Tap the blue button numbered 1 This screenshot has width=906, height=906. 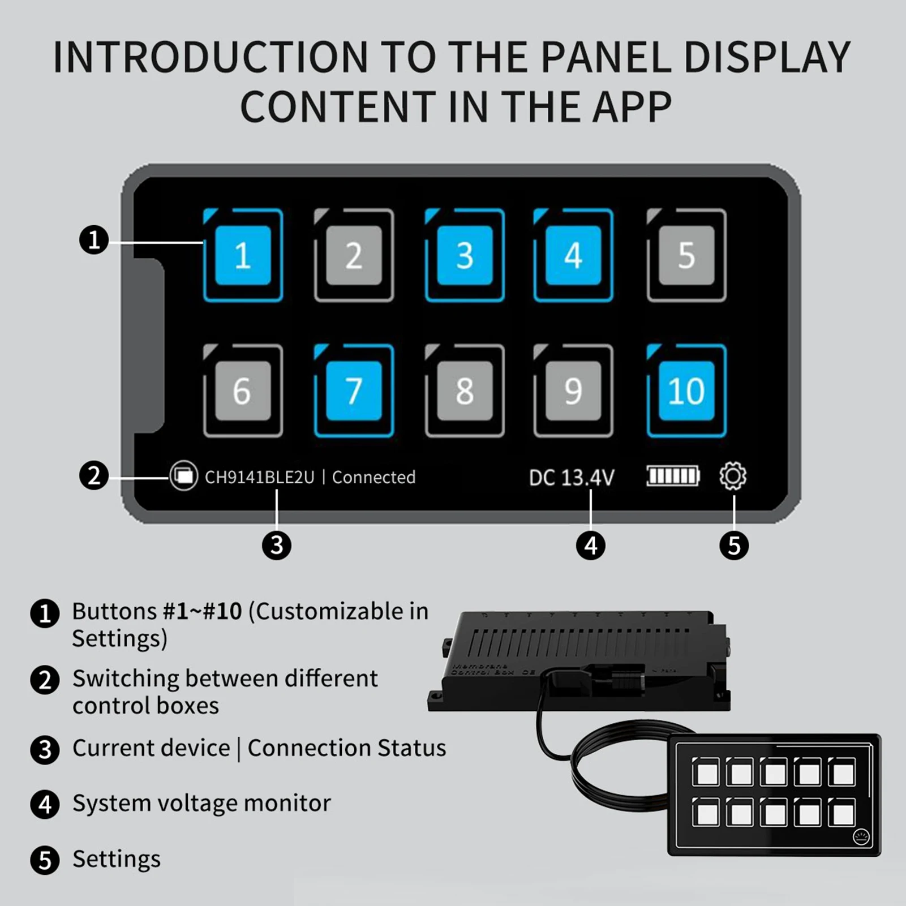coord(243,255)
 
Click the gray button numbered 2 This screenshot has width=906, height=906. coord(354,255)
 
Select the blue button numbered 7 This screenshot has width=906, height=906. coord(354,390)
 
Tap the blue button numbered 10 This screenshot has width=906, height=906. coord(686,390)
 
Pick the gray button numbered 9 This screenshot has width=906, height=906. coord(573,390)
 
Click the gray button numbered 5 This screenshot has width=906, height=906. coord(686,255)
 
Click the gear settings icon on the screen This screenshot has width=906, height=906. coord(733,476)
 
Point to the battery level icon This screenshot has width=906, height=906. coord(673,476)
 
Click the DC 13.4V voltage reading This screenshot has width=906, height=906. coord(571,478)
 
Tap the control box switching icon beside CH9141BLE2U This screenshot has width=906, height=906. coord(183,476)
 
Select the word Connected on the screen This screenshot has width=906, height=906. coord(373,477)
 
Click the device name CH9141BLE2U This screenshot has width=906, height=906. coord(259,477)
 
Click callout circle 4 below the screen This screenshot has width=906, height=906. coord(590,546)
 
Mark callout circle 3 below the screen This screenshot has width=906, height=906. coord(277,546)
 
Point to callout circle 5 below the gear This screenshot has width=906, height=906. coord(734,546)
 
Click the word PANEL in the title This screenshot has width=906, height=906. coord(604,57)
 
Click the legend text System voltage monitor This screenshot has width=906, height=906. coord(201,803)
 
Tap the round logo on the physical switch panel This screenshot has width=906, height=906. coord(861,837)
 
